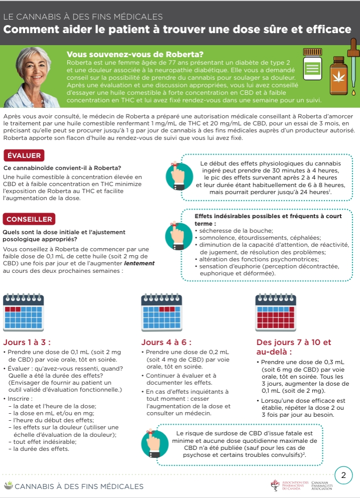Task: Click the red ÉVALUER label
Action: [x=24, y=155]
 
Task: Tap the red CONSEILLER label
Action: [x=29, y=219]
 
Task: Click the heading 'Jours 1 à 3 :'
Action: [x=27, y=343]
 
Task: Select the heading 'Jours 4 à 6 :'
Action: [x=166, y=343]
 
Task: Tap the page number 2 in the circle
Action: [x=343, y=475]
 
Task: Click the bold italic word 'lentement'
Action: [x=140, y=263]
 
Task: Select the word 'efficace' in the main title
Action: [x=327, y=30]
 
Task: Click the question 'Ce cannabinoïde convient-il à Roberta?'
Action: [x=63, y=168]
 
